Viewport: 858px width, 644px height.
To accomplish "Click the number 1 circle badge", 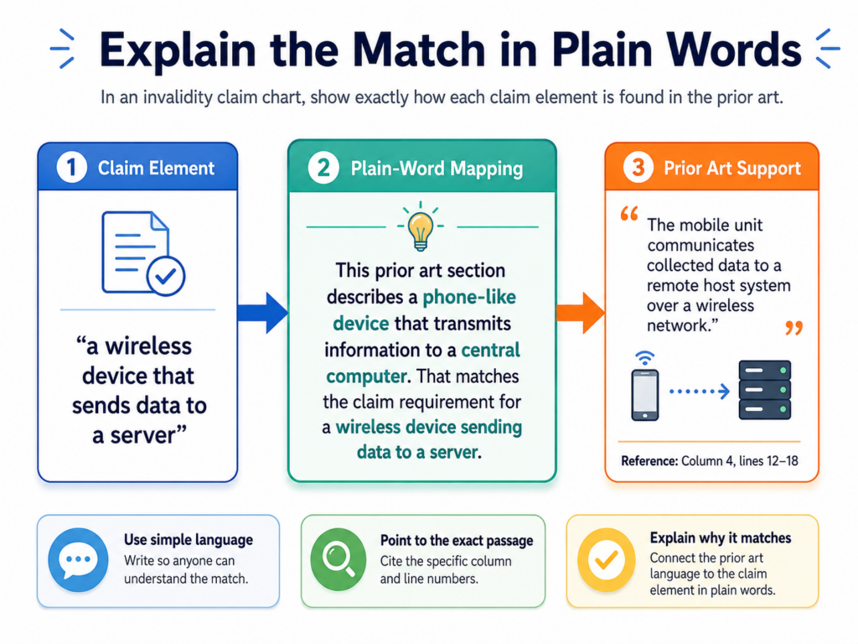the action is point(72,168).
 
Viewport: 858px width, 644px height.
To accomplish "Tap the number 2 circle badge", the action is point(323,168).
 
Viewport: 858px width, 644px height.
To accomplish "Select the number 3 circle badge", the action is point(638,168).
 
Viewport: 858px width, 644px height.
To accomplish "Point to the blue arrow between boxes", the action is point(262,313).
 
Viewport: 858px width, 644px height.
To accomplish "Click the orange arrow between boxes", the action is point(581,313).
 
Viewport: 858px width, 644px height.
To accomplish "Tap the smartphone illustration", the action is point(645,395).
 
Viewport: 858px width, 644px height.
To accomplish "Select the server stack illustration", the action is point(764,390).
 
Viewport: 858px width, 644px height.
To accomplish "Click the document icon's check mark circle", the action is point(166,276).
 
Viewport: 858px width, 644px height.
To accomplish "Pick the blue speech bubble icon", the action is point(78,559).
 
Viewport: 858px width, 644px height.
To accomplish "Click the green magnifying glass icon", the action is point(339,559).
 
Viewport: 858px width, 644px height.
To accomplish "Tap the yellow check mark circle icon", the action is point(607,559).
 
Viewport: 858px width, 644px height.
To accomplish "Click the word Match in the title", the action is point(419,49).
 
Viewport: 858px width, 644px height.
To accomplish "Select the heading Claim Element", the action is point(156,168).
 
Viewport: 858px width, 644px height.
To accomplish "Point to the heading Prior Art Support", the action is point(732,168).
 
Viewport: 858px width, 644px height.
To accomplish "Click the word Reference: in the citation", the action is point(649,461).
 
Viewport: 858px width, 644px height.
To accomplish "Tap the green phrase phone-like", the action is point(469,297).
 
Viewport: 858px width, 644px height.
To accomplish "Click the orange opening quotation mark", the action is point(629,213).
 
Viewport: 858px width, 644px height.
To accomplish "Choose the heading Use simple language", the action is point(189,540).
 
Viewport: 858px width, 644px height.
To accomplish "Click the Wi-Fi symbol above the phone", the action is point(645,358).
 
